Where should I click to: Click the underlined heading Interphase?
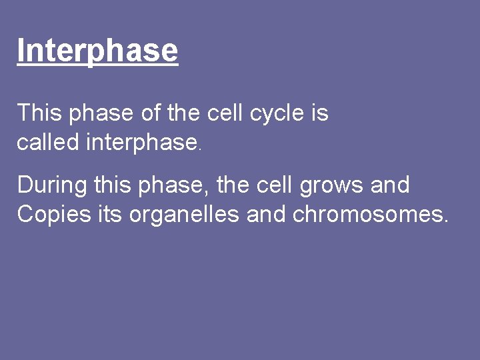pyautogui.click(x=97, y=51)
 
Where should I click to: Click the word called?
pyautogui.click(x=49, y=142)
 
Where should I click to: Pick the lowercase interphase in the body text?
pyautogui.click(x=141, y=143)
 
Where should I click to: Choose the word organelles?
pyautogui.click(x=183, y=215)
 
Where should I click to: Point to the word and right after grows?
pyautogui.click(x=390, y=185)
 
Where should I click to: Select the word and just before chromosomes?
pyautogui.click(x=268, y=214)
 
